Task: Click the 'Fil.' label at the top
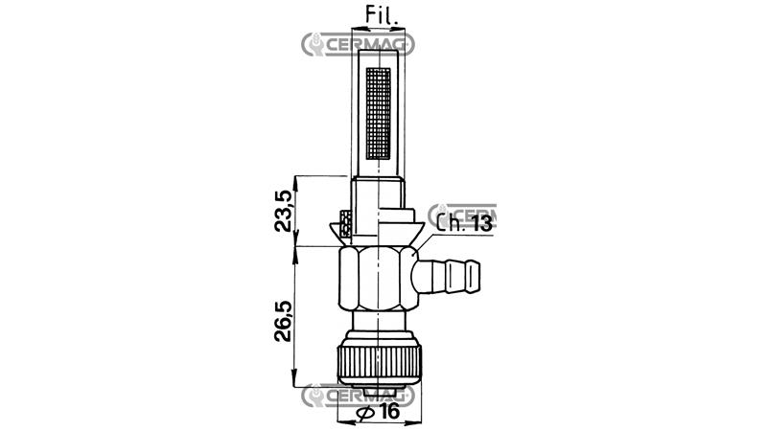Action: [382, 15]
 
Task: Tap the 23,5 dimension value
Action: [283, 211]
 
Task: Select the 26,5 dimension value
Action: [283, 321]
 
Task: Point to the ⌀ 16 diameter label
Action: [379, 412]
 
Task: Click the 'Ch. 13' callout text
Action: [464, 223]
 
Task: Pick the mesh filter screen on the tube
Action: [379, 113]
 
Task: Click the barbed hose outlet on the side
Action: [446, 277]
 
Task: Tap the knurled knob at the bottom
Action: [379, 358]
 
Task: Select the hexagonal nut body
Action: [379, 280]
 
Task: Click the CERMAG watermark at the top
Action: [358, 45]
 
